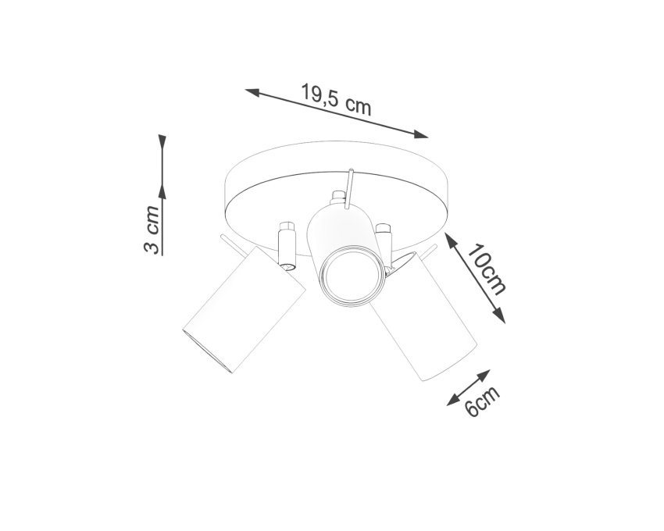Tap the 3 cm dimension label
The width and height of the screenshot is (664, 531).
pos(152,230)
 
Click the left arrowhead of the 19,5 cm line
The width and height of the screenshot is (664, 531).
pos(252,92)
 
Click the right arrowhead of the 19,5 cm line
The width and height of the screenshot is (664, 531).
pos(421,134)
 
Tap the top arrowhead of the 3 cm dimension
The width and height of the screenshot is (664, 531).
pos(162,142)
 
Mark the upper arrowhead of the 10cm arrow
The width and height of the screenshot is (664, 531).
pos(450,240)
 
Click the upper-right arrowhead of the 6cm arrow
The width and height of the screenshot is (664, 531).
pos(484,375)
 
